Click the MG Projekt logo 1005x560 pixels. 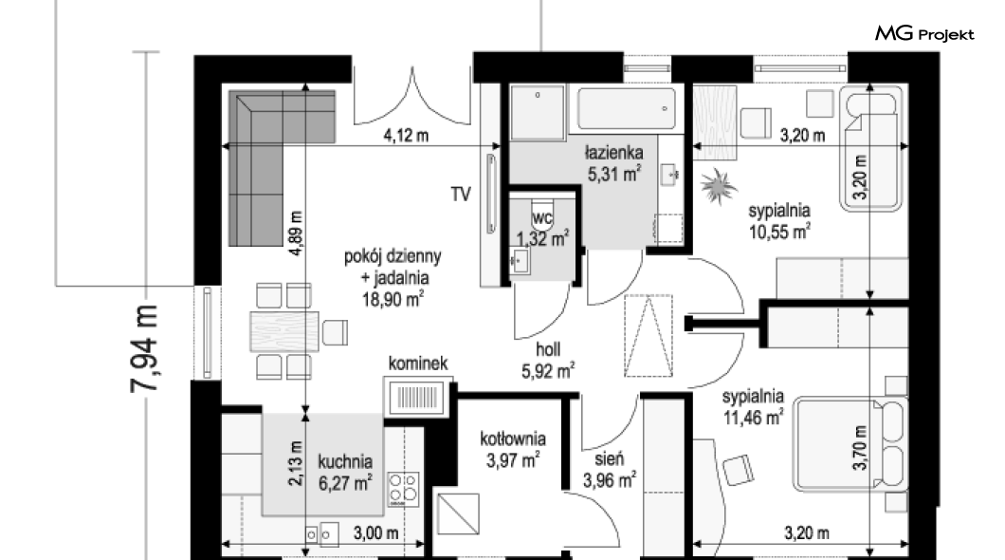(924, 34)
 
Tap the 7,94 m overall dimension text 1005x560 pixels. (145, 348)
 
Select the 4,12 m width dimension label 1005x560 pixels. (406, 136)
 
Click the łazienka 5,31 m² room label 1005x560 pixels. (614, 163)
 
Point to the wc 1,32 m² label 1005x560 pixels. (542, 229)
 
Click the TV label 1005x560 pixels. (461, 194)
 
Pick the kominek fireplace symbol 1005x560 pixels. (416, 397)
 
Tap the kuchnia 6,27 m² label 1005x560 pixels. (345, 472)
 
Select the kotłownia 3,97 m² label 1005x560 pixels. (513, 449)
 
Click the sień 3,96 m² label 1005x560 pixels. (609, 469)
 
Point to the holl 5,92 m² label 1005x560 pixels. (548, 360)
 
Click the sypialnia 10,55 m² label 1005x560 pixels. (779, 220)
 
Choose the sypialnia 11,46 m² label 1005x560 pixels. (753, 406)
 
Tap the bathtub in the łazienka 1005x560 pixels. (626, 109)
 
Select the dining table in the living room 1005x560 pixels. (284, 331)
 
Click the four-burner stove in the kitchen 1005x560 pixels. (404, 489)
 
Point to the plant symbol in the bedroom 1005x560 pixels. (718, 186)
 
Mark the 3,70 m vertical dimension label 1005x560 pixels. (860, 448)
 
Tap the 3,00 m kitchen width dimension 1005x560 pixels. (375, 532)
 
